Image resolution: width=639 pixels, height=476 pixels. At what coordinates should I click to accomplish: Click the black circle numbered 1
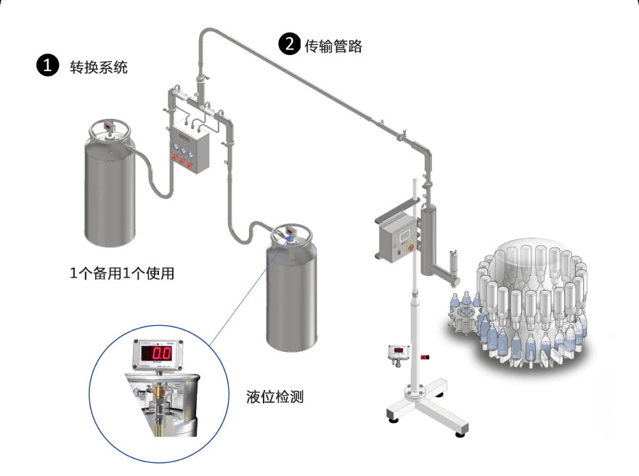point(47,66)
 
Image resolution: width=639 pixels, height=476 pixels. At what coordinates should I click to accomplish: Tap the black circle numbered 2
point(289,44)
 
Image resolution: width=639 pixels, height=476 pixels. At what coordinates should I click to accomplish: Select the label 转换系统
point(98,67)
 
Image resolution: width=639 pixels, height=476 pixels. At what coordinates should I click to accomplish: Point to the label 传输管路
point(333,46)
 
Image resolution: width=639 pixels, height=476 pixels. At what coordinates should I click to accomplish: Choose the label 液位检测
point(275,396)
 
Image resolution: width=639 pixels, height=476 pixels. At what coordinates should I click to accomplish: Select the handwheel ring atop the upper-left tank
point(110,130)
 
